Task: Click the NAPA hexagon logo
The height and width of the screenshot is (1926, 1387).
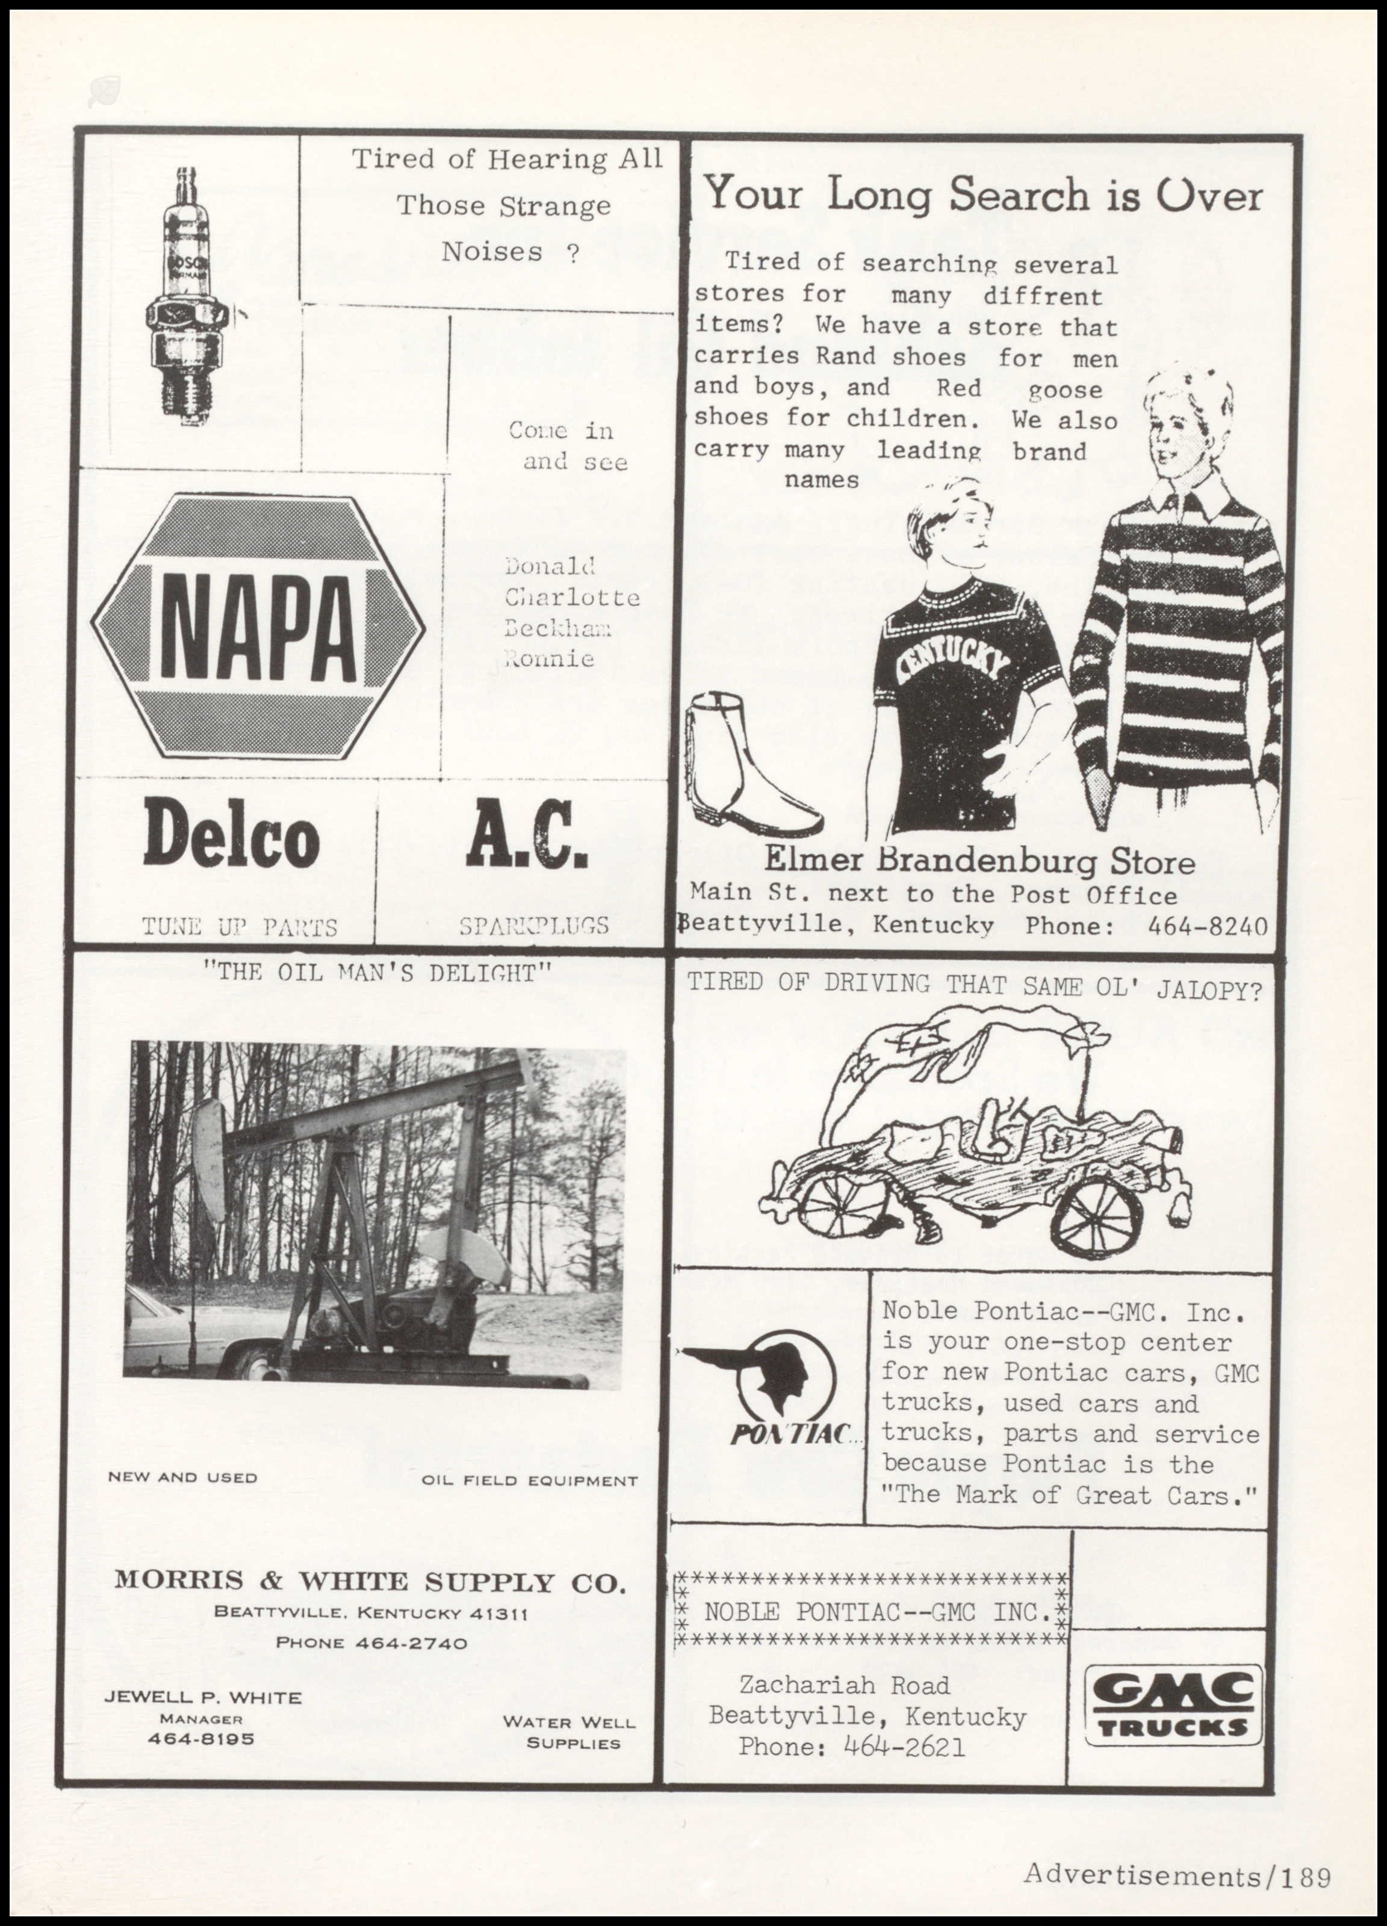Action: pyautogui.click(x=258, y=627)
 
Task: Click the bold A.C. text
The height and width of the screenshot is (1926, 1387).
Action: pyautogui.click(x=526, y=834)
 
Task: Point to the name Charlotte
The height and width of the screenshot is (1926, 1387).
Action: pyautogui.click(x=572, y=597)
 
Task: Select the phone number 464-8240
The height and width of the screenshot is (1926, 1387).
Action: pyautogui.click(x=1207, y=926)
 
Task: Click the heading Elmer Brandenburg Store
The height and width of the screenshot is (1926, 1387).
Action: pyautogui.click(x=979, y=862)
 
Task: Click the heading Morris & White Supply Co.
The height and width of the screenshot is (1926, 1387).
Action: pyautogui.click(x=370, y=1581)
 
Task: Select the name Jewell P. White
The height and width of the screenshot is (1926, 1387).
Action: pyautogui.click(x=202, y=1697)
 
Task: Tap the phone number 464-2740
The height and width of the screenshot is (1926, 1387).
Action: pyautogui.click(x=411, y=1643)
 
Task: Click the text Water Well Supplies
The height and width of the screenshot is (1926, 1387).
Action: pyautogui.click(x=569, y=1732)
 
